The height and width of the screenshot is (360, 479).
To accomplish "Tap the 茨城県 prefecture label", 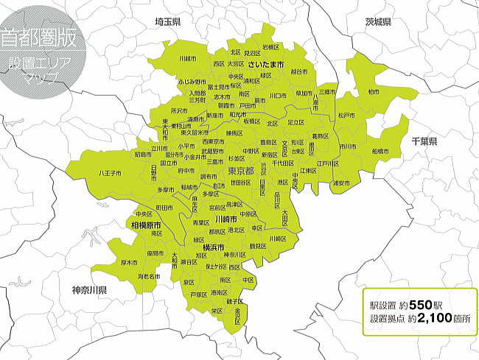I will coord(378,22).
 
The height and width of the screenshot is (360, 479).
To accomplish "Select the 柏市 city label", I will coord(374,92).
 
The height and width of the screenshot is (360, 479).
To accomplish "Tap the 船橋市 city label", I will coord(381,151).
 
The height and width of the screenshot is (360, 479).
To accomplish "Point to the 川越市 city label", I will coord(188,58).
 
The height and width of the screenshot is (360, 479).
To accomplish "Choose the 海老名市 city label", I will coord(149,276).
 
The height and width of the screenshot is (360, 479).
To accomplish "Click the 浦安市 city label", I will coord(341,183).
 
